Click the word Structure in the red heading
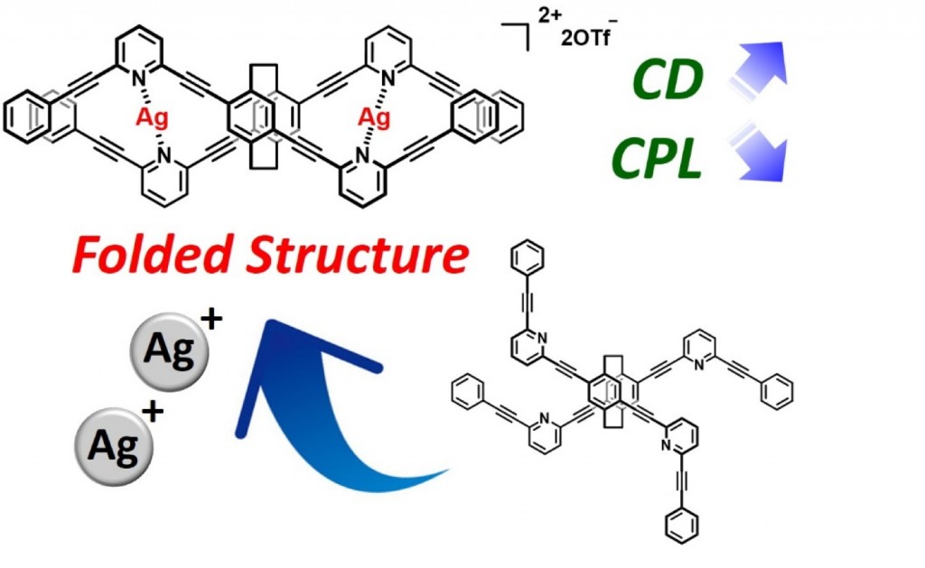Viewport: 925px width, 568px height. click(x=358, y=256)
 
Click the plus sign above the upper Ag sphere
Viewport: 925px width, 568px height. click(x=218, y=317)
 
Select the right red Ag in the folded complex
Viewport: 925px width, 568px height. click(x=376, y=117)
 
